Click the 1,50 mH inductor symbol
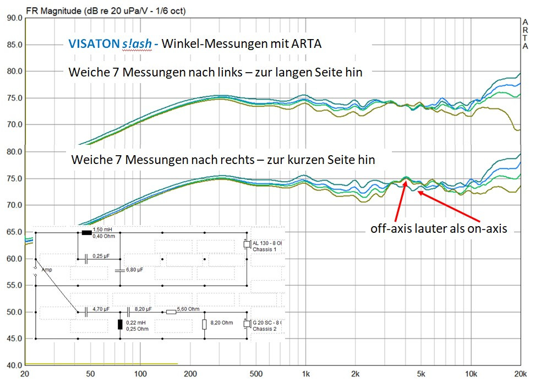(x=86, y=233)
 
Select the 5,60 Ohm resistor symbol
(x=171, y=312)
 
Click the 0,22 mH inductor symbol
(x=120, y=323)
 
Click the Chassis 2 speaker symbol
(x=247, y=324)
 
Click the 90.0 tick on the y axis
(x=12, y=18)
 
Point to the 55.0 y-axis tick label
(x=12, y=286)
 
